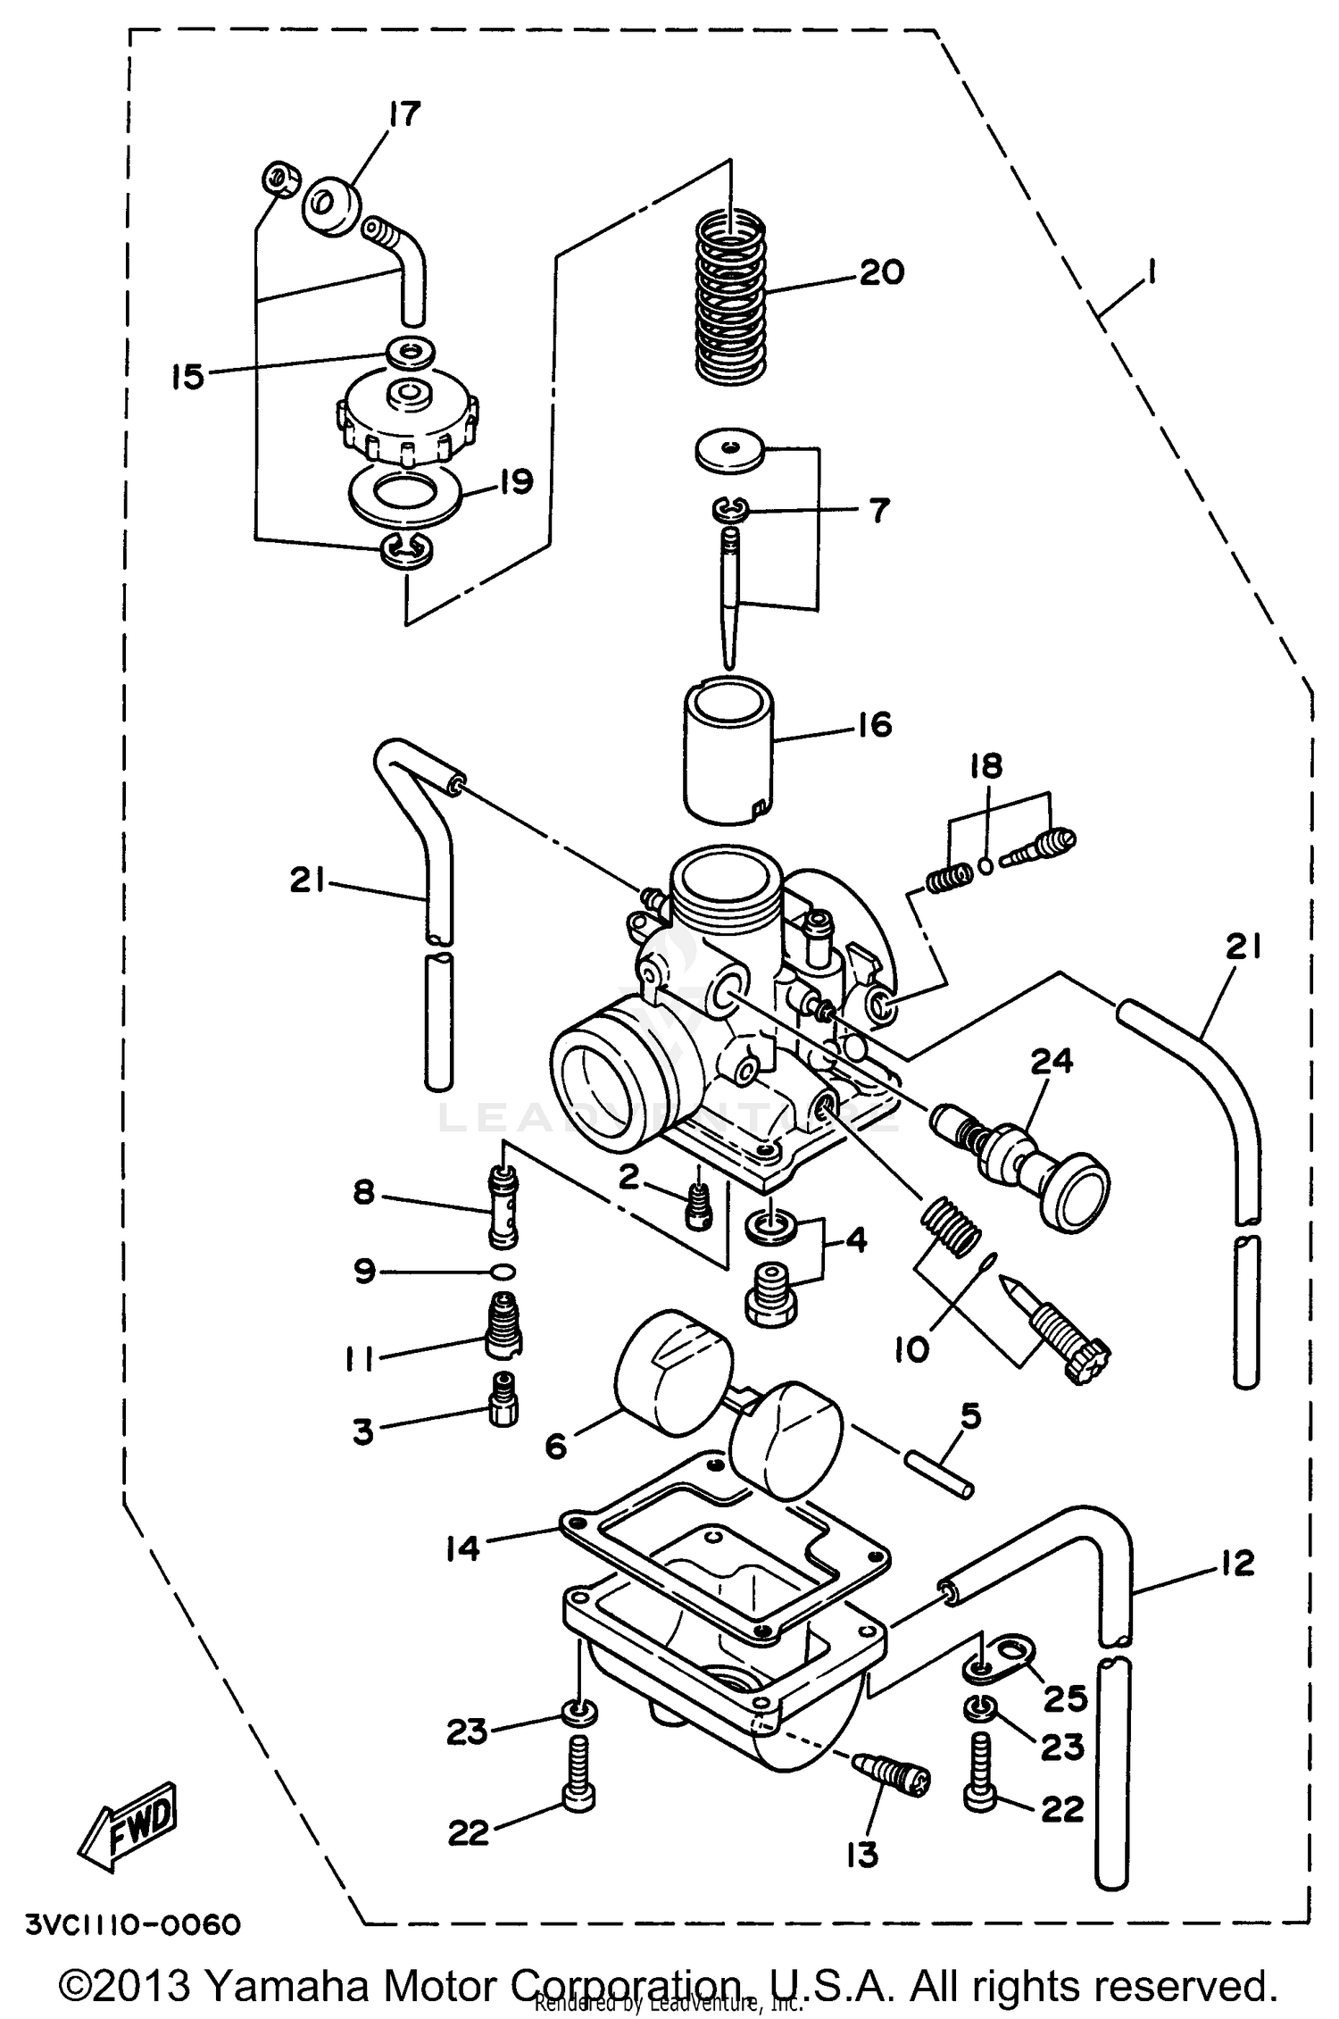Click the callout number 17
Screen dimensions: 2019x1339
point(403,114)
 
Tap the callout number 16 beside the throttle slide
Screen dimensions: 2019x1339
point(876,724)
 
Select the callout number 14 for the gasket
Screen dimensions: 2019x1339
point(464,1548)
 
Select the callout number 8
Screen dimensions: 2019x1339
point(363,1192)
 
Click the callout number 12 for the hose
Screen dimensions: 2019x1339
point(1235,1562)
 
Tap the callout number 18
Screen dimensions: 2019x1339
point(986,766)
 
